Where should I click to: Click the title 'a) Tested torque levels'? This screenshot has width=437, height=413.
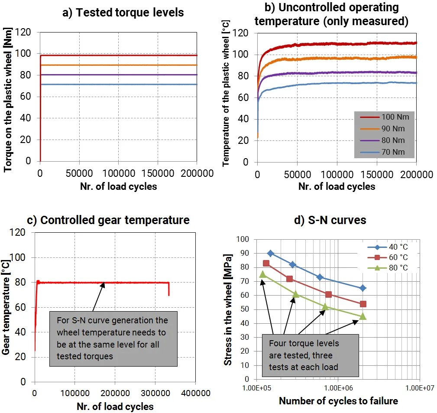[123, 13]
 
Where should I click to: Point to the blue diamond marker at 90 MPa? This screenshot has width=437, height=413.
[270, 254]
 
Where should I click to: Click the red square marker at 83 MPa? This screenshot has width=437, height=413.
[266, 263]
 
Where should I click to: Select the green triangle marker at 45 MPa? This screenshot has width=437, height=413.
[363, 316]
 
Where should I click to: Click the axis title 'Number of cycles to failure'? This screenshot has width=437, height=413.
[338, 401]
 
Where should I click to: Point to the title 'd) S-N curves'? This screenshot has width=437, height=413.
[330, 220]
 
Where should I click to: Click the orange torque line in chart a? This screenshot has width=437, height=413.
[117, 65]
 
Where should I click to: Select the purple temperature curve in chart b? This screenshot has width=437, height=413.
[338, 72]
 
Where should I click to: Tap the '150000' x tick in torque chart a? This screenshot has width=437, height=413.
[157, 174]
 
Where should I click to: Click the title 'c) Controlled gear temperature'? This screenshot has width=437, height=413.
[108, 220]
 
